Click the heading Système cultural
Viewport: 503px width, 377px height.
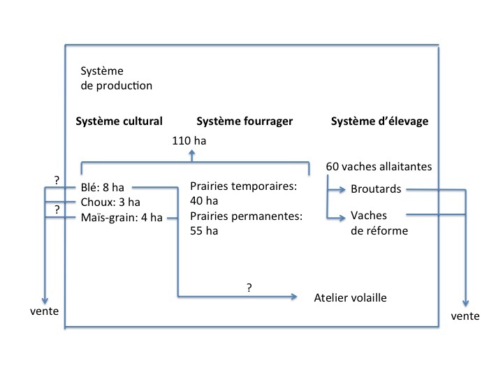(119, 121)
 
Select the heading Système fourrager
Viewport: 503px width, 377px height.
(245, 121)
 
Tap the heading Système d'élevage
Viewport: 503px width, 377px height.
(379, 121)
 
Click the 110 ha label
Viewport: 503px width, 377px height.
(189, 141)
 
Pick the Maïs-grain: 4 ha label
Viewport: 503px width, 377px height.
(122, 217)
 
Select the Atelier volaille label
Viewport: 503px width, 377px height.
(350, 298)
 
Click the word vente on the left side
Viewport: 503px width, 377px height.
(43, 309)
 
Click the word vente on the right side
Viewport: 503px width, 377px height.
(465, 316)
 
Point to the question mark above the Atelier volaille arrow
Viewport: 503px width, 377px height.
(249, 286)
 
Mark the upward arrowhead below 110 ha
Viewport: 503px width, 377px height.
(194, 156)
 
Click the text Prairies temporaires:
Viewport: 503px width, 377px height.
(245, 187)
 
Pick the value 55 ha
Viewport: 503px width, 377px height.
(204, 231)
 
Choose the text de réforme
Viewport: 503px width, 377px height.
(379, 230)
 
